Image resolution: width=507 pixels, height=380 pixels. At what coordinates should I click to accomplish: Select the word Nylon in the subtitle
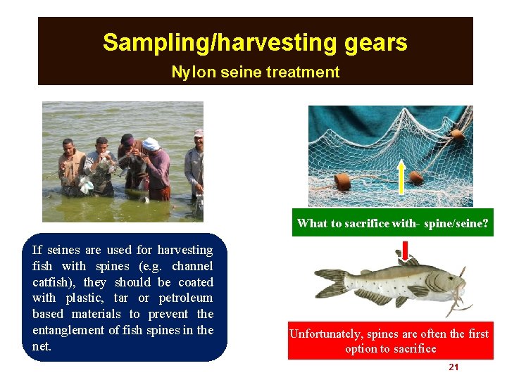pos(192,72)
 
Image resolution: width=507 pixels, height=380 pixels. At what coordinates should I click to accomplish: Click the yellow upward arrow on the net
pos(401,176)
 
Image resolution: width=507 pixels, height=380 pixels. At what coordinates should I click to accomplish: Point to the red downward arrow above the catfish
pos(406,250)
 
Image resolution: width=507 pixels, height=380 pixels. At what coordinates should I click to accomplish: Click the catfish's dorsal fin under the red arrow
pos(406,262)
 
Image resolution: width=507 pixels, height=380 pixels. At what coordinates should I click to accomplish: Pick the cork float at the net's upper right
pos(457,134)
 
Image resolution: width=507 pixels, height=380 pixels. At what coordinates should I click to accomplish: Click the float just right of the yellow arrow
pos(416,177)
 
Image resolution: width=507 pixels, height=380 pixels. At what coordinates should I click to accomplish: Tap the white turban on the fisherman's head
pos(151,144)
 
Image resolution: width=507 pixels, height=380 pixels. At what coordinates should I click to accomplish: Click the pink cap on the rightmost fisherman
pos(199,133)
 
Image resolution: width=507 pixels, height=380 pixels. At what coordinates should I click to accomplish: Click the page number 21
pos(453,367)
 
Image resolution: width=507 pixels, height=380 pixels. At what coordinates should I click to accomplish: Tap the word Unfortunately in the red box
pos(324,334)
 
